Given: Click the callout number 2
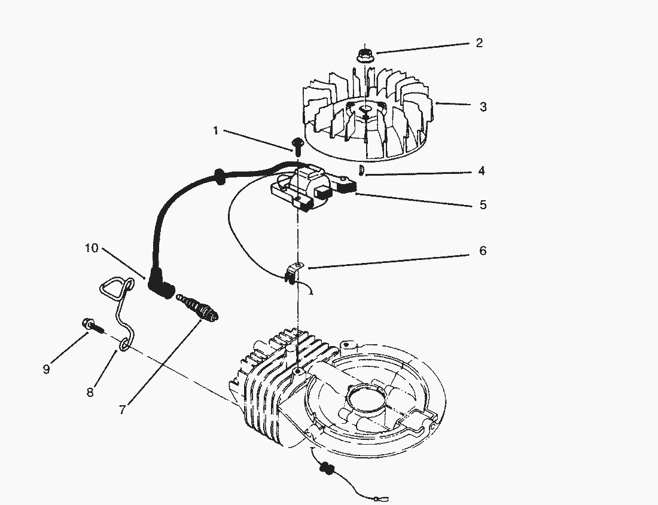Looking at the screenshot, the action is pyautogui.click(x=479, y=43).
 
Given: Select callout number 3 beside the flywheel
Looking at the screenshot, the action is pyautogui.click(x=483, y=107).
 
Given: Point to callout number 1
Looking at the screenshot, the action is pyautogui.click(x=216, y=131).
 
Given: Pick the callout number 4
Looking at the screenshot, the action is pyautogui.click(x=482, y=171).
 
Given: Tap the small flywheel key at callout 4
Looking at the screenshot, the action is pyautogui.click(x=361, y=170).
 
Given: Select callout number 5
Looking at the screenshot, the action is pyautogui.click(x=483, y=205).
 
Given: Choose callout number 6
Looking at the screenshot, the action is pyautogui.click(x=483, y=250).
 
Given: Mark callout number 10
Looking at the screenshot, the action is pyautogui.click(x=92, y=248).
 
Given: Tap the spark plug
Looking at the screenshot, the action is pyautogui.click(x=197, y=308).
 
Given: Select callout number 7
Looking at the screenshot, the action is pyautogui.click(x=122, y=409).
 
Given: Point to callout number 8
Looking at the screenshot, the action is pyautogui.click(x=90, y=393).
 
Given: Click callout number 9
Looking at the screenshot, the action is pyautogui.click(x=46, y=369).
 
